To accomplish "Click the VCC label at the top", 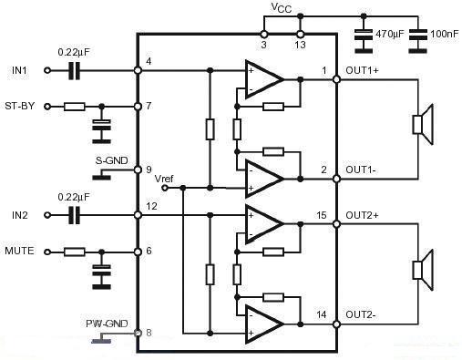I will [x=282, y=7].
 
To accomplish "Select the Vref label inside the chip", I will [x=164, y=179].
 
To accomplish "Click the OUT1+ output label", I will [x=362, y=71].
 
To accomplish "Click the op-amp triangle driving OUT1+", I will [x=263, y=79].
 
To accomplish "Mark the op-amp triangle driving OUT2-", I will [x=263, y=323].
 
